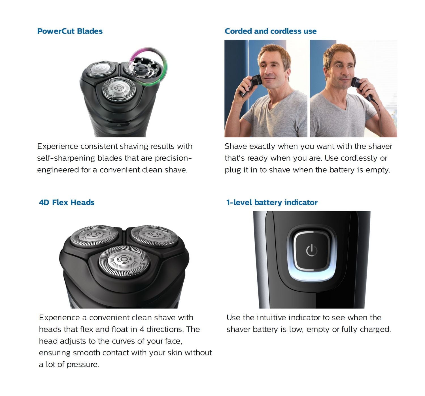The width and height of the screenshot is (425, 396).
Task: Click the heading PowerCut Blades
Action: point(70,31)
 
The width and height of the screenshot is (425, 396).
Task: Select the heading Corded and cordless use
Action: point(270,31)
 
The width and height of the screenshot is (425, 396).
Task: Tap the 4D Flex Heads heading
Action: point(66,202)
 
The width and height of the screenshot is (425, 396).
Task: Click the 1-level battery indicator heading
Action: point(271,202)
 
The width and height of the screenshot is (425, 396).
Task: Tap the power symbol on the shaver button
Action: point(312,250)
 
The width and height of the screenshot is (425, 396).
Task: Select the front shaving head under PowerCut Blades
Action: point(119,89)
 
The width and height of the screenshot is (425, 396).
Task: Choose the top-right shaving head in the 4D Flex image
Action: point(154,234)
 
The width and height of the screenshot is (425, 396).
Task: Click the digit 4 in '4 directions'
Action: point(142,329)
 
